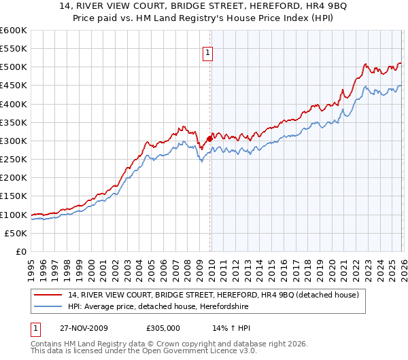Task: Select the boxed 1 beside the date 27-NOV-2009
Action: [36, 327]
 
